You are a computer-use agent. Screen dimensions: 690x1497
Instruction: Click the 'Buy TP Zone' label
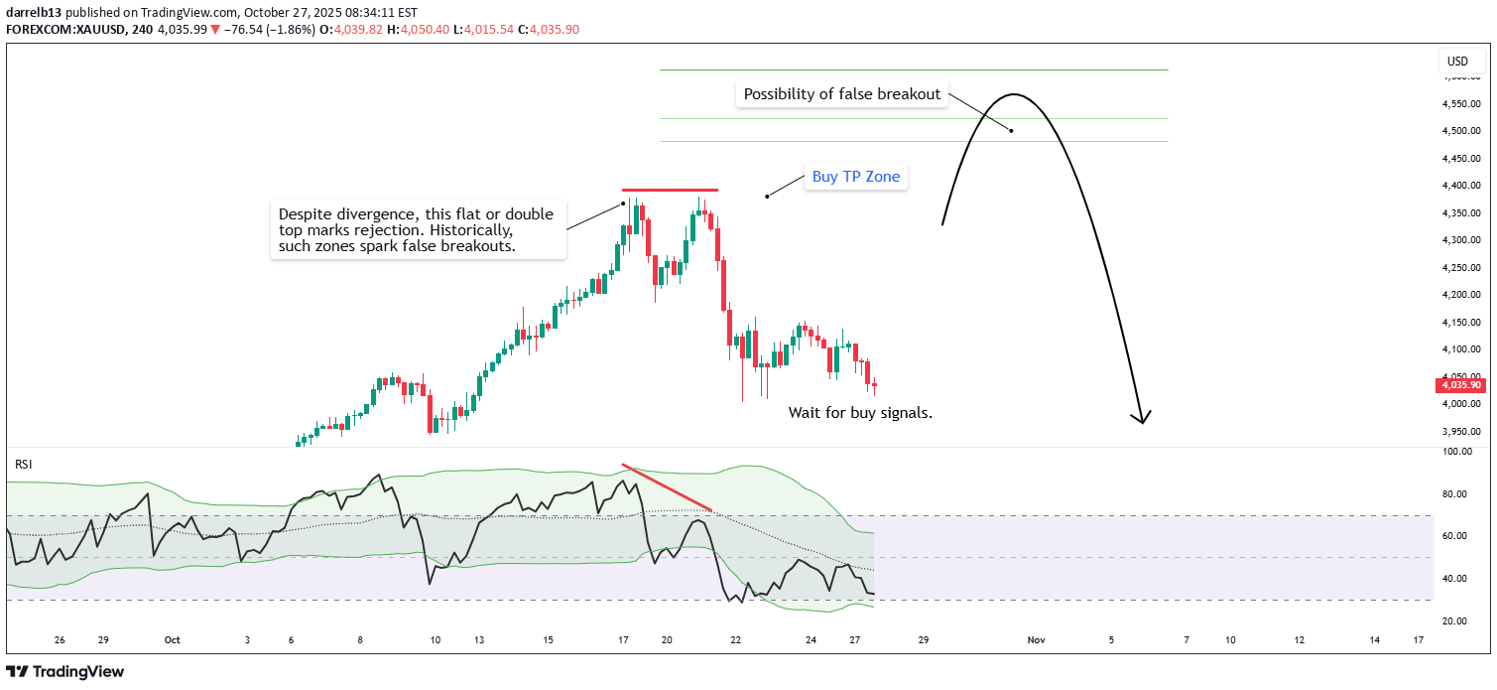[856, 177]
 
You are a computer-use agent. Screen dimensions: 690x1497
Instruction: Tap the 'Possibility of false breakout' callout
[841, 94]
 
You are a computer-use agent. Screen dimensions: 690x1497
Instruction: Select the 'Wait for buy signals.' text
[860, 413]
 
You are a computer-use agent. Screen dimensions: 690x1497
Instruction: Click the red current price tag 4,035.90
[1461, 385]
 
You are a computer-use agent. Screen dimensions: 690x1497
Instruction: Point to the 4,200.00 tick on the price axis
[1461, 295]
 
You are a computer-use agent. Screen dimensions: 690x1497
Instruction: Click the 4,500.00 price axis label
[1461, 131]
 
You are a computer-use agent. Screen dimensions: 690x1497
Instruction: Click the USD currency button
[1457, 62]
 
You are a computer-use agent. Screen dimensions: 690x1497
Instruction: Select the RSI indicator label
[22, 464]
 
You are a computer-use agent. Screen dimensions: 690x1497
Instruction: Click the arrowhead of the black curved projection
[1144, 418]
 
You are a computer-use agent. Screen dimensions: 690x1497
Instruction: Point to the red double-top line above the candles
[670, 190]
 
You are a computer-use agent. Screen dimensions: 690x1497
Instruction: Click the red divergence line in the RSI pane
[667, 487]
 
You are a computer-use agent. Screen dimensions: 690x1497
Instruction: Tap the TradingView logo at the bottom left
[65, 672]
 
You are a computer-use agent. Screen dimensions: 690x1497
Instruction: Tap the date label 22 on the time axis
[735, 640]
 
